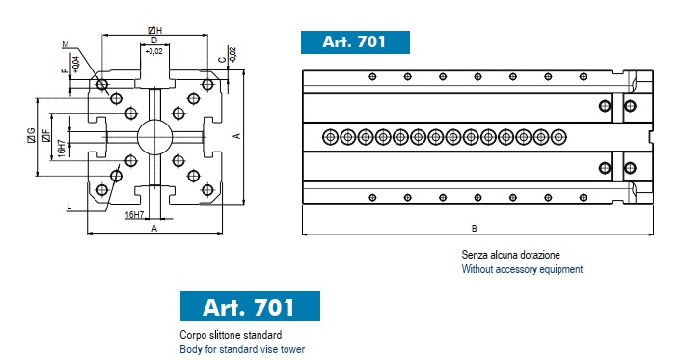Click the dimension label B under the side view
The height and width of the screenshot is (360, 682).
coord(474,228)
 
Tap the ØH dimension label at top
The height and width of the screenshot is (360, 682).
coord(155,31)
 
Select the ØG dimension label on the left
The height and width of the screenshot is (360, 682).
coord(31,135)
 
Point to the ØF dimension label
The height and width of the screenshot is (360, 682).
coord(45,136)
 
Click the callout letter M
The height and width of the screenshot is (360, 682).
coord(66,44)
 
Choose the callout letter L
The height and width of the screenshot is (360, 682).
coord(69,206)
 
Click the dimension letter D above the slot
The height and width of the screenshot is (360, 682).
coord(154,41)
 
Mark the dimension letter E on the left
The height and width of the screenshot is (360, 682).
coord(66,70)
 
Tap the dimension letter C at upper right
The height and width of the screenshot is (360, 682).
coord(223,60)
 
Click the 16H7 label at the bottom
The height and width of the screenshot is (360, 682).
coord(134,214)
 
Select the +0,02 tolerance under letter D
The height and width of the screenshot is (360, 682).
coord(153,51)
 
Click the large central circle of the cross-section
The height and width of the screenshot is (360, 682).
coord(155,137)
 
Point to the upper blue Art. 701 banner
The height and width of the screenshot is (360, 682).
coord(355,42)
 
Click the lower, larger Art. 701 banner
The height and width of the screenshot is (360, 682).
coord(250,306)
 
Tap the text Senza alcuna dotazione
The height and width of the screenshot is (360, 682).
coord(510,255)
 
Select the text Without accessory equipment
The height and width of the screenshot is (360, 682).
coord(522,269)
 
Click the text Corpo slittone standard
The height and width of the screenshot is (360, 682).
coord(231,335)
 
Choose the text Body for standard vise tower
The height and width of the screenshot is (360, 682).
coord(242,349)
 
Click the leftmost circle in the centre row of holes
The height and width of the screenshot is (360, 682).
coord(331,137)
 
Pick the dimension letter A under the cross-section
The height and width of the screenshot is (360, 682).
coord(154,229)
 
